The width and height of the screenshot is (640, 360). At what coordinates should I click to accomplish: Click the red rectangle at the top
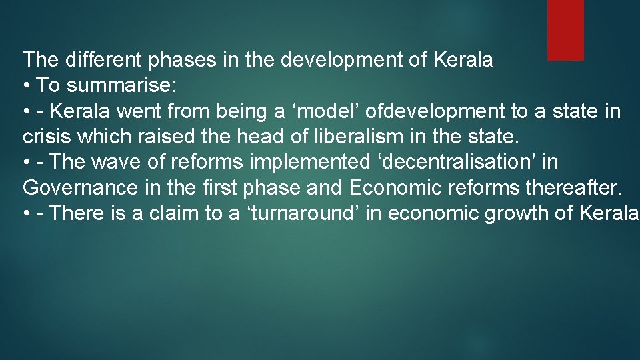pyautogui.click(x=565, y=29)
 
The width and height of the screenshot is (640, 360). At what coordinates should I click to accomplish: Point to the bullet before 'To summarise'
pyautogui.click(x=27, y=86)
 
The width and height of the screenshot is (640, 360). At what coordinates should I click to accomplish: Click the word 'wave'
pyautogui.click(x=118, y=162)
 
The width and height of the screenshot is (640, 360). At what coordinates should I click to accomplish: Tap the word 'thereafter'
pyautogui.click(x=573, y=187)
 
